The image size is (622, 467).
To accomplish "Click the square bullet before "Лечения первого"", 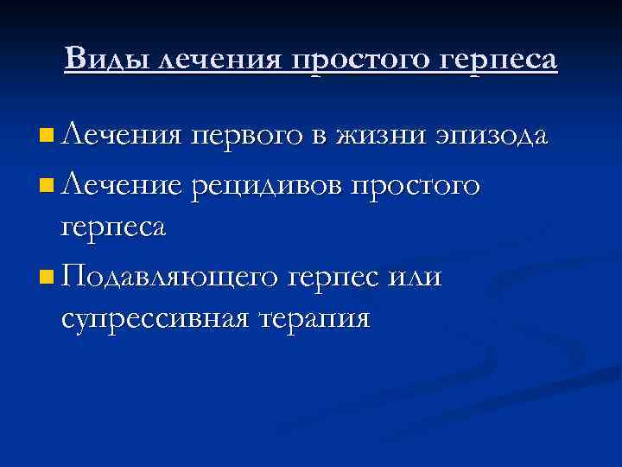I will [x=46, y=136].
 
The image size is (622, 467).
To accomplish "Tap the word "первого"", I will [x=259, y=137].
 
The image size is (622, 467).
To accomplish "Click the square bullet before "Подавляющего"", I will [x=46, y=278].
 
